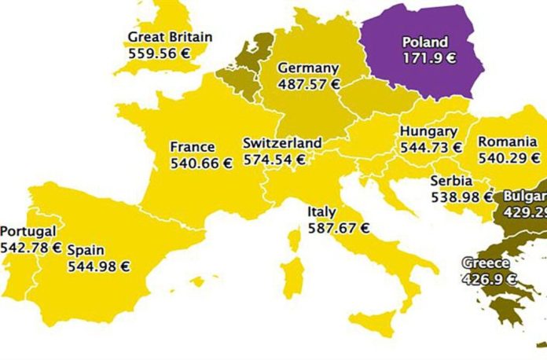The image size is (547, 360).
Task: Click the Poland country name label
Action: [425, 42]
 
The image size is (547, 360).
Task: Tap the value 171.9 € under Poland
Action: [425, 57]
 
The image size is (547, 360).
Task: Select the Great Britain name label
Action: [170, 37]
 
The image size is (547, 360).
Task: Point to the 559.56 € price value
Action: [159, 52]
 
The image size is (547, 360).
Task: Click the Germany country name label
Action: [308, 68]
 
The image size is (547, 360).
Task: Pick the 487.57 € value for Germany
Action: [309, 84]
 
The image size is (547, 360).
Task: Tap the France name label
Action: [193, 147]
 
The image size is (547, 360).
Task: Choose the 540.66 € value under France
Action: [201, 163]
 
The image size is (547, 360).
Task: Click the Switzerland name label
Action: [282, 143]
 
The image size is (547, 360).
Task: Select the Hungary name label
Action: [428, 131]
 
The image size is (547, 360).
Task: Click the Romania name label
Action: [508, 141]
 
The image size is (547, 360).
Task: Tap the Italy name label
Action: [322, 211]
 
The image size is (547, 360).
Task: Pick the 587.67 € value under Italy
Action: [339, 228]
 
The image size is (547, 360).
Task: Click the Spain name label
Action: [85, 249]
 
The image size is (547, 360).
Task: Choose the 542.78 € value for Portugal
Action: [31, 248]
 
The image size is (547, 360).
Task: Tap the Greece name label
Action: [485, 263]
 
